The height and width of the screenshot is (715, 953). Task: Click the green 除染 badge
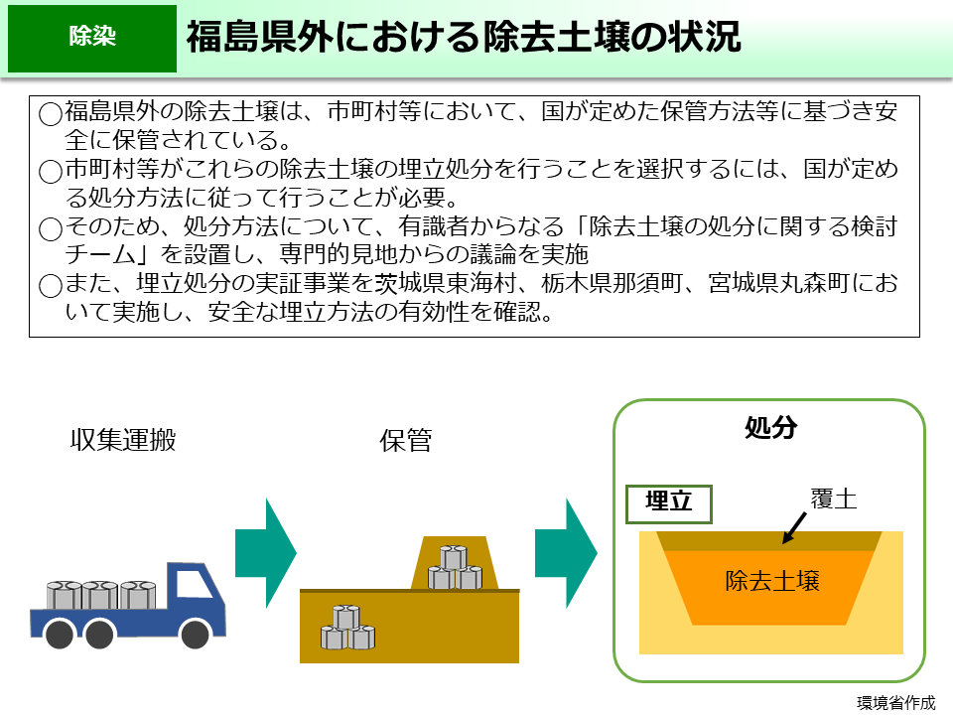click(91, 38)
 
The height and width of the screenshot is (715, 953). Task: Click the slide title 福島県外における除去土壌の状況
click(463, 38)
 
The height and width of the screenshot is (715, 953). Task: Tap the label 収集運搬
click(123, 440)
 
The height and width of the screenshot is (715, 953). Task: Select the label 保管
click(406, 440)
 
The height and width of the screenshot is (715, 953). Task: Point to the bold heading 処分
click(770, 428)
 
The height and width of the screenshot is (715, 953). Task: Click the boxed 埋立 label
click(669, 502)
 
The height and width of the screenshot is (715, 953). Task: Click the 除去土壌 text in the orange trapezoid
click(772, 580)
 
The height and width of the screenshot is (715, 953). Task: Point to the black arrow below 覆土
click(794, 527)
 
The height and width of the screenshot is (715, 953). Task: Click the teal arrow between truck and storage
click(265, 553)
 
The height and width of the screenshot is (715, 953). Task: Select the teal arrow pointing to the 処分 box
click(566, 553)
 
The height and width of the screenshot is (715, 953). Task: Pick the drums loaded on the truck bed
click(99, 594)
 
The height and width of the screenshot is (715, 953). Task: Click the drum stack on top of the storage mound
click(454, 568)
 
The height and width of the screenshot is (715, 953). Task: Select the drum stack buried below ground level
click(347, 628)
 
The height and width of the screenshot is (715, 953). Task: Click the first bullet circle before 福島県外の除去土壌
click(51, 112)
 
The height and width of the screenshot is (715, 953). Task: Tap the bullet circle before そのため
click(51, 229)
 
